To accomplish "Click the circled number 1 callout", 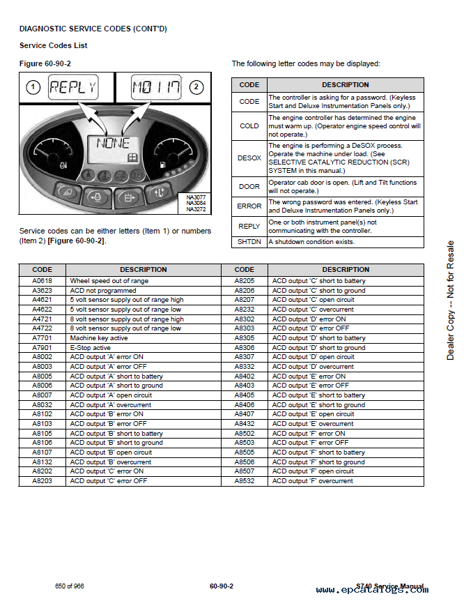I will tap(32, 88).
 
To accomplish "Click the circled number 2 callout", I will tap(196, 88).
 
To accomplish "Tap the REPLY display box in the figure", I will tap(72, 88).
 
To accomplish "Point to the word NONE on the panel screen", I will tap(113, 144).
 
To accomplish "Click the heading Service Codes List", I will tap(53, 46).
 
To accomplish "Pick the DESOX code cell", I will tap(249, 158).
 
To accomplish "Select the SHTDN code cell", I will tap(249, 242).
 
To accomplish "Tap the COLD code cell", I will tap(249, 126).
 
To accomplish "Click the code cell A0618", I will tap(42, 281).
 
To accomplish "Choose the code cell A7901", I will tap(42, 348).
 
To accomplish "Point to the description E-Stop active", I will tap(90, 348).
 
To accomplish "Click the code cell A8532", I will tap(245, 481).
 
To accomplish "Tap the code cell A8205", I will tap(245, 281).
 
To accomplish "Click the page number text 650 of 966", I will tap(70, 586).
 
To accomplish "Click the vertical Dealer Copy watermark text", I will tap(450, 300).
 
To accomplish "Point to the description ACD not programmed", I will tap(100, 291).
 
